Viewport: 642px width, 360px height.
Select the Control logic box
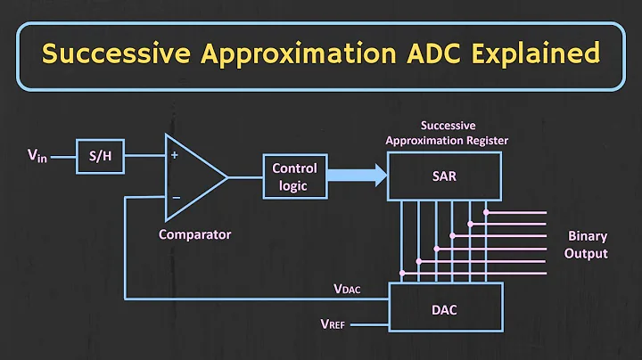pyautogui.click(x=294, y=176)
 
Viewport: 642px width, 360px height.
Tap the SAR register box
pyautogui.click(x=444, y=176)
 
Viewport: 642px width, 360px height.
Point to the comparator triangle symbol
pyautogui.click(x=192, y=177)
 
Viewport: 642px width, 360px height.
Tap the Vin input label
pyautogui.click(x=37, y=159)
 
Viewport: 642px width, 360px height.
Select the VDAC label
pyautogui.click(x=348, y=289)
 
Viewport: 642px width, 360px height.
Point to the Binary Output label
pyautogui.click(x=588, y=245)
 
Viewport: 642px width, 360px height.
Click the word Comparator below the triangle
pyautogui.click(x=194, y=234)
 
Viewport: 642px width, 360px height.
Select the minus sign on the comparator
pyautogui.click(x=174, y=197)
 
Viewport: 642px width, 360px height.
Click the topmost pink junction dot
pyautogui.click(x=486, y=212)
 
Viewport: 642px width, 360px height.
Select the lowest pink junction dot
pyautogui.click(x=402, y=271)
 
